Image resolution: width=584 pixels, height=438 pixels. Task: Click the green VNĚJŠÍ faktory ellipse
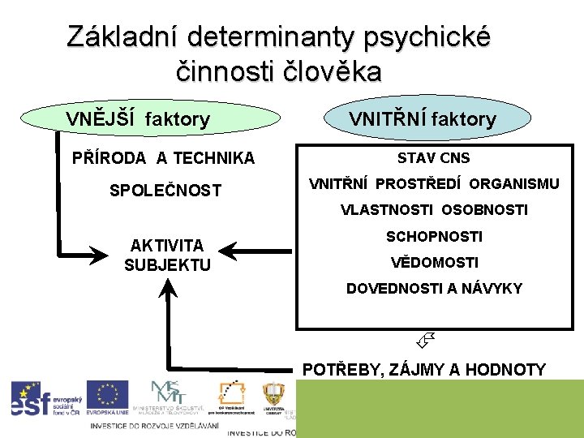(x=137, y=119)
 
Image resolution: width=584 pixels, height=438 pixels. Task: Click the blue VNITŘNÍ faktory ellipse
(x=422, y=119)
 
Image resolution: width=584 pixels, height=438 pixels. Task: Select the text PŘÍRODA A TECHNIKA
(x=163, y=158)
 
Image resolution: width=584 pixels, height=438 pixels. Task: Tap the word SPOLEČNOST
(x=165, y=191)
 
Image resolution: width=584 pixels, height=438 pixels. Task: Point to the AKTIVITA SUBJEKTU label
(x=167, y=255)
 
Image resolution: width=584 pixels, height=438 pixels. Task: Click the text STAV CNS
(x=433, y=158)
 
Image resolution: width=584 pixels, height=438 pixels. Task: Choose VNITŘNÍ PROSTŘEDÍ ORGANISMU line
(x=434, y=184)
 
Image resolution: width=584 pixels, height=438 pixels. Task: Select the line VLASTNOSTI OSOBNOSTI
(x=434, y=210)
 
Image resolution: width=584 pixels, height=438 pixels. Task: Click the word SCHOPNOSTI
(x=434, y=237)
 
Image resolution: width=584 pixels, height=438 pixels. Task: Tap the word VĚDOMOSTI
(x=434, y=263)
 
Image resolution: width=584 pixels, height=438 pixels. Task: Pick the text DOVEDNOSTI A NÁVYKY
(x=434, y=289)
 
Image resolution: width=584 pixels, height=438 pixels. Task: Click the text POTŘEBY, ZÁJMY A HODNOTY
(x=423, y=370)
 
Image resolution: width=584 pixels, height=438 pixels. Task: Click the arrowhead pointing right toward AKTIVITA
(x=98, y=254)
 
